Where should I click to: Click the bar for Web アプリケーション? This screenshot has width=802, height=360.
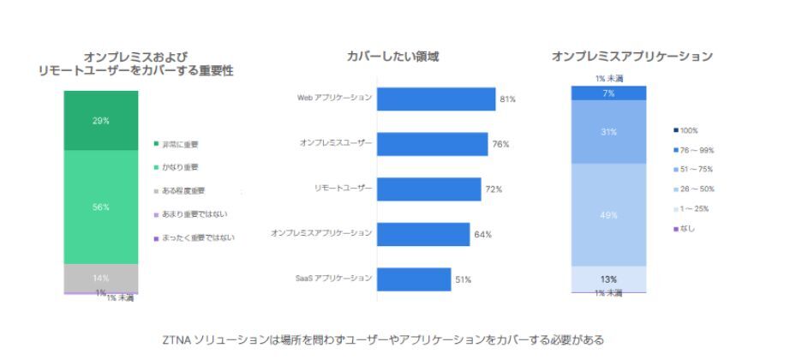(x=435, y=99)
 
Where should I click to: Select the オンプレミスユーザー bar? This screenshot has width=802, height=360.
(x=432, y=144)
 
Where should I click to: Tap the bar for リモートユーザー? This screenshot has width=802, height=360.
(x=428, y=189)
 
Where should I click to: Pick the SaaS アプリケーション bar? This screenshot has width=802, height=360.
(x=414, y=279)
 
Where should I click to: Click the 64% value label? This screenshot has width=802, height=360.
(x=485, y=235)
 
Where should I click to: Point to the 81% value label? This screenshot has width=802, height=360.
(x=507, y=99)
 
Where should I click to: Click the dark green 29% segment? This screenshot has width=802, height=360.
(x=101, y=121)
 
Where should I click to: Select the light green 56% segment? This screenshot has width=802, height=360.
(x=101, y=207)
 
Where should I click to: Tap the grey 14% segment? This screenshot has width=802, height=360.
(x=101, y=278)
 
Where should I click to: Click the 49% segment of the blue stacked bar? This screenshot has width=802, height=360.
(x=609, y=215)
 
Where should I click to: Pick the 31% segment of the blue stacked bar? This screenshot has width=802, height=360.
(x=609, y=132)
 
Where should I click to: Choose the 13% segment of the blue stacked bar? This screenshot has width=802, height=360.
(x=609, y=279)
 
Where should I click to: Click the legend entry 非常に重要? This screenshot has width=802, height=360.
(x=180, y=144)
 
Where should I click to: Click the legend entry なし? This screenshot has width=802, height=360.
(x=685, y=228)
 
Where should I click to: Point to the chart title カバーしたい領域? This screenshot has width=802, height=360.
(x=393, y=57)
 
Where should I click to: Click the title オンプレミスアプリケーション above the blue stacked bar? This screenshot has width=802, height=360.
(x=632, y=57)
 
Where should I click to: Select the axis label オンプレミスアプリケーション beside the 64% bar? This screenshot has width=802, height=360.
(x=321, y=232)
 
